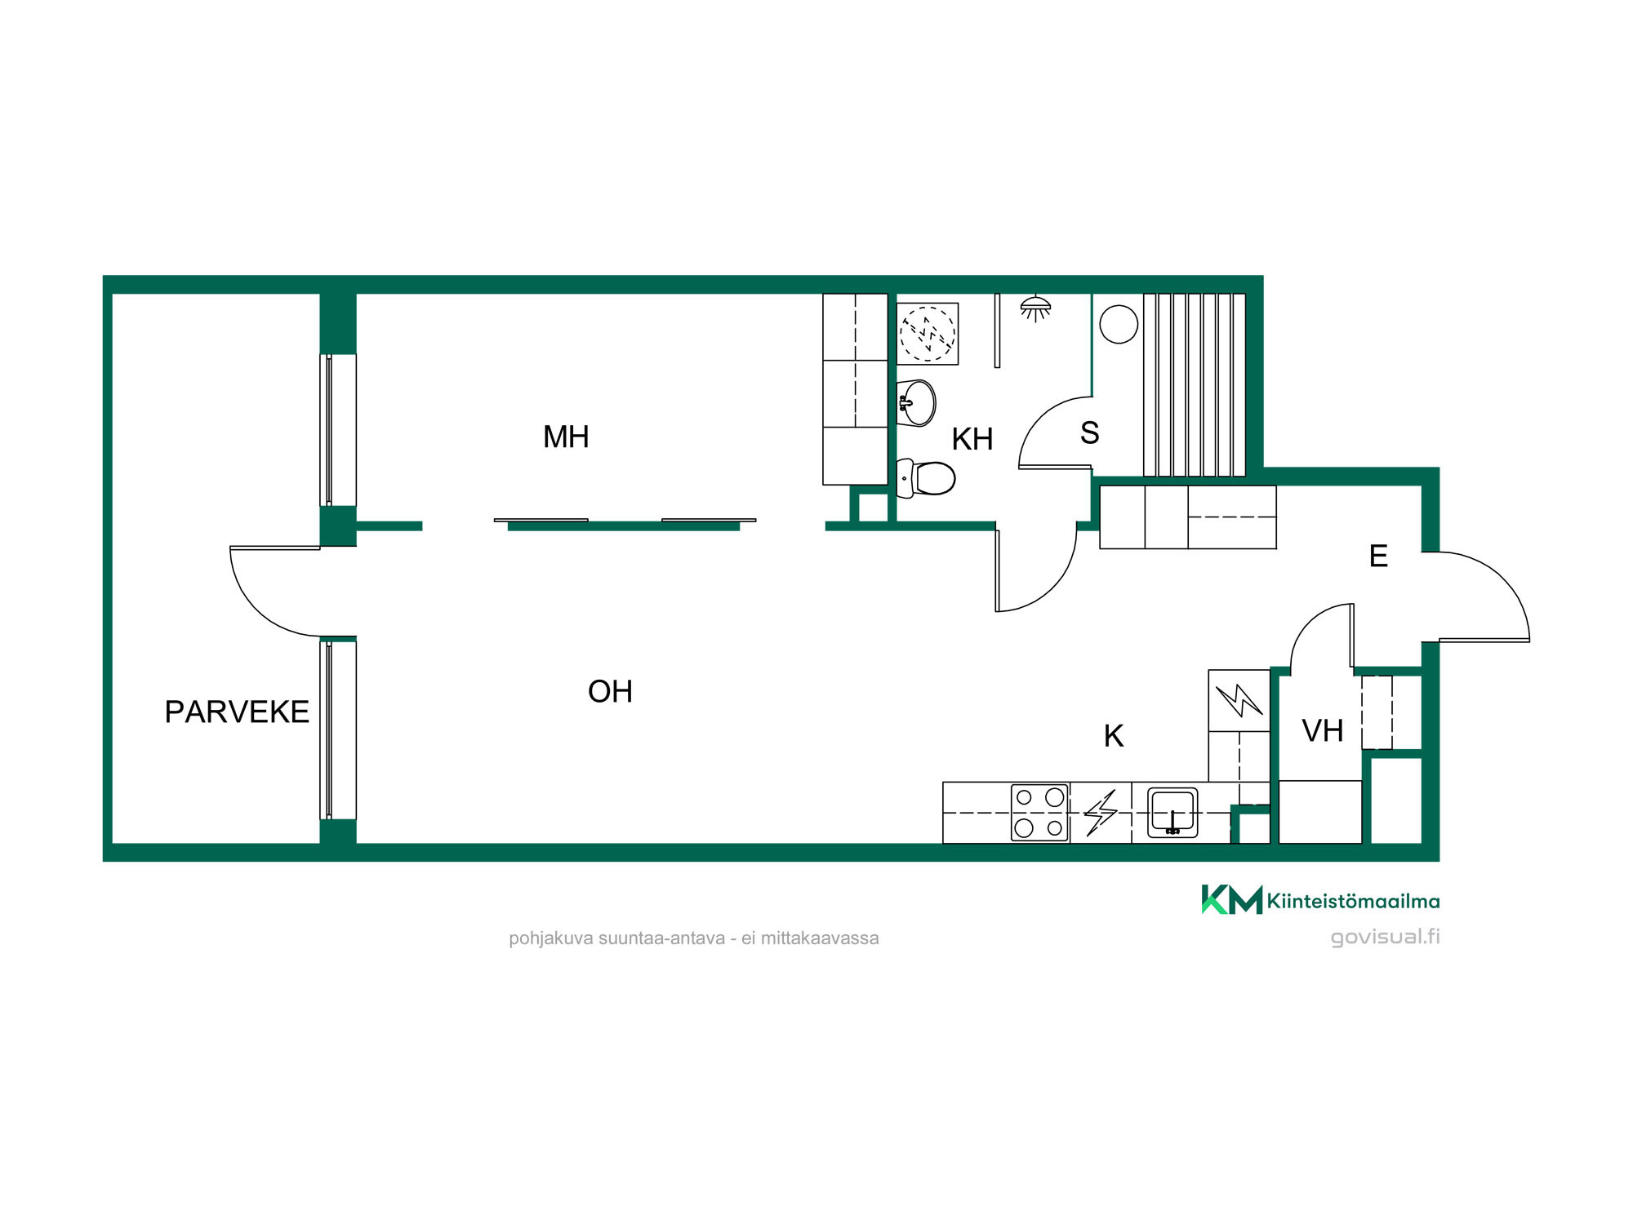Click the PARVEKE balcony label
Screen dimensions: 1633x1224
(x=237, y=712)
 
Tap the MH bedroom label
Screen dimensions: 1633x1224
(x=566, y=437)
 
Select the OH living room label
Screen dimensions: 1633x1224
(x=610, y=692)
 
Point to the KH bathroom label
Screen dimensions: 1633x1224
(x=972, y=440)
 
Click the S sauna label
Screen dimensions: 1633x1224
(x=1089, y=433)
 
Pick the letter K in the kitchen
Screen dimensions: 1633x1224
(x=1114, y=736)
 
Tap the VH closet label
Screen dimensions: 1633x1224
(x=1322, y=731)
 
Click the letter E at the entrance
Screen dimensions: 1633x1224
(x=1378, y=557)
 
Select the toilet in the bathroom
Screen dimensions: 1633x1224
(x=926, y=478)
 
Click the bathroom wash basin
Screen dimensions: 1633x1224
(x=916, y=403)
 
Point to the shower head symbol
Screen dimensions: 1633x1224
(x=1035, y=308)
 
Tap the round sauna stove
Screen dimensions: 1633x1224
(x=1119, y=324)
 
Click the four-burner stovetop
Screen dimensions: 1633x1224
(x=1039, y=813)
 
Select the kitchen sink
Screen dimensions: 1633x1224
(x=1172, y=813)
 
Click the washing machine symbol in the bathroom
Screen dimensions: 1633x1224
(x=928, y=334)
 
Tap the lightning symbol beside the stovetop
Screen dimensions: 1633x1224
(x=1100, y=813)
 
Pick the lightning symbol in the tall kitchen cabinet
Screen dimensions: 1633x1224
(x=1239, y=700)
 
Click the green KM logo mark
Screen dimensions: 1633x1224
(x=1231, y=899)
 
